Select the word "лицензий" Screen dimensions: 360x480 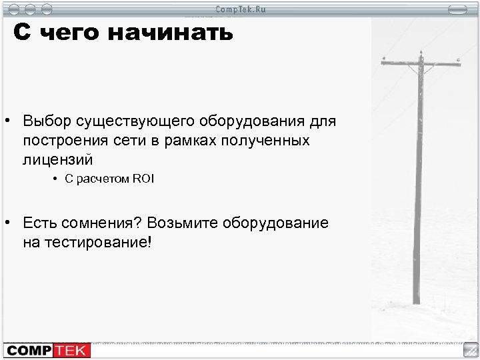[57, 160]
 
